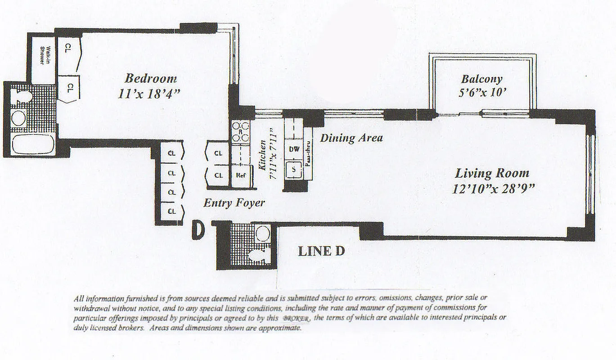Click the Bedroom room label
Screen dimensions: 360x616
(x=150, y=78)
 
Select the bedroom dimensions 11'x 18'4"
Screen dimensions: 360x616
(x=150, y=94)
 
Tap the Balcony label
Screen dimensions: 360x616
(x=481, y=79)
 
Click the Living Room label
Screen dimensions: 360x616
(x=492, y=173)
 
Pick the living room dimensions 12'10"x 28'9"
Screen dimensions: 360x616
(x=493, y=189)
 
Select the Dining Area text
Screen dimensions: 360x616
(x=351, y=138)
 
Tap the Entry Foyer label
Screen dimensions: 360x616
(x=234, y=203)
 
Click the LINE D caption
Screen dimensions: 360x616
(x=321, y=251)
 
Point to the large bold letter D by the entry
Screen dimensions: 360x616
(x=198, y=229)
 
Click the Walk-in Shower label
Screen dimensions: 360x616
(x=44, y=55)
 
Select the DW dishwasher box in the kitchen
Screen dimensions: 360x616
(x=294, y=149)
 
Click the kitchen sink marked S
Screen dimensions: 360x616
(x=294, y=170)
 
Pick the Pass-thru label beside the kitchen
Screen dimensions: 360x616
(x=309, y=155)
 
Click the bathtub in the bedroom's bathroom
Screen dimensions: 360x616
(x=32, y=144)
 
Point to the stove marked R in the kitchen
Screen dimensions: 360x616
(x=240, y=132)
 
